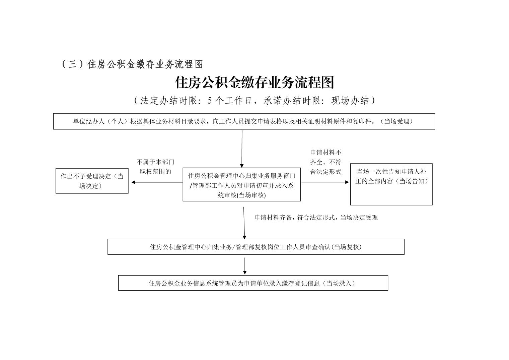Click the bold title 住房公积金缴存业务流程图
(254, 82)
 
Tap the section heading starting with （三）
(132, 64)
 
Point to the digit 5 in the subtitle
(210, 101)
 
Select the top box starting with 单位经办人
(244, 121)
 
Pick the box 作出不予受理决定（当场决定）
(92, 181)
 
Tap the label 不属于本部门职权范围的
(155, 167)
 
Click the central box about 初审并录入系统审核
(241, 185)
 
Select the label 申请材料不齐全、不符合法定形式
(326, 162)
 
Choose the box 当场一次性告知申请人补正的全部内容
(391, 184)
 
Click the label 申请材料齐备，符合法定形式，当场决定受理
(316, 218)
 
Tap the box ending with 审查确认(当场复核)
(256, 247)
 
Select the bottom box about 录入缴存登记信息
(253, 283)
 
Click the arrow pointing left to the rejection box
(157, 182)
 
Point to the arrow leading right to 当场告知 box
(325, 182)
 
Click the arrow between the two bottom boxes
(245, 266)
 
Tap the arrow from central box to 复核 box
(244, 223)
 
